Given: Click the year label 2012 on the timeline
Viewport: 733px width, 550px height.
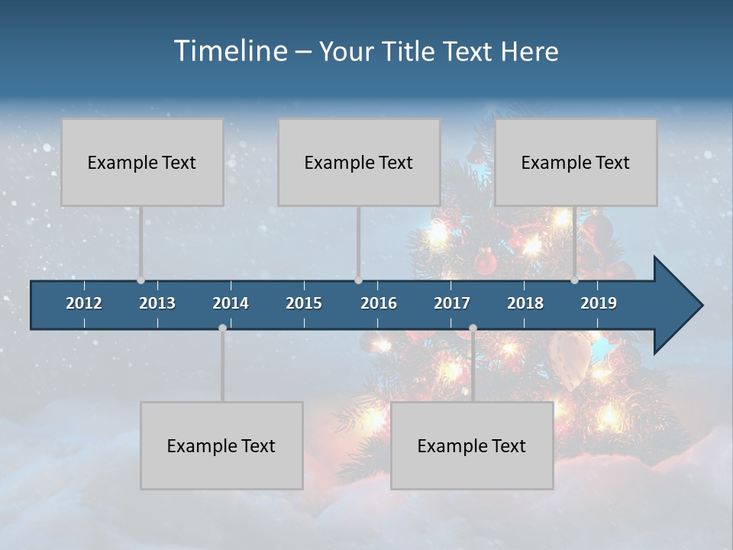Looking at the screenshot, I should point(84,303).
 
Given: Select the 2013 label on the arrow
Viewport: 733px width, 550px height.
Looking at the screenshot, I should point(157,303).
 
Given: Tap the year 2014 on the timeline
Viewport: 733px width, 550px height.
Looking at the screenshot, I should point(231,303).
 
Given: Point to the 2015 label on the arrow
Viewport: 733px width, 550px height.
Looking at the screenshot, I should point(304,303).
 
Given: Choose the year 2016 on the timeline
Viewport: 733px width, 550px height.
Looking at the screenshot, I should point(379,303).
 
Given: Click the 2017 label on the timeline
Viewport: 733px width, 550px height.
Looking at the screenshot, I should point(452,303).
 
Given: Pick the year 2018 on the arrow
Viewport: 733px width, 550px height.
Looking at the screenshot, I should point(525,303).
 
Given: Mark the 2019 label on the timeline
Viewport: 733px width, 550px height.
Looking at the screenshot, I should point(599,303).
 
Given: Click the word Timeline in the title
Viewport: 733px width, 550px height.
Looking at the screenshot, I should point(230,51).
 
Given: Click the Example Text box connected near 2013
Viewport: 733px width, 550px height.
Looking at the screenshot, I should point(142,162).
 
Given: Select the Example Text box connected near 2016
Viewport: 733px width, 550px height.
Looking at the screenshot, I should point(359,162).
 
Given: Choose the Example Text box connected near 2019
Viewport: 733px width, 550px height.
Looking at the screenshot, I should point(576,162).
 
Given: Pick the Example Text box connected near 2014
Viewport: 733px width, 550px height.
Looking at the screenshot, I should point(221,445).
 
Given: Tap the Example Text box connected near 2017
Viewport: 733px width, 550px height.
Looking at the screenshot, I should point(472,445).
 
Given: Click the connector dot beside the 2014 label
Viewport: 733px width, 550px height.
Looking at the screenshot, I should point(222,328).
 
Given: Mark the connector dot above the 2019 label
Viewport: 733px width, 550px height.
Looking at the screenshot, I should point(575,280).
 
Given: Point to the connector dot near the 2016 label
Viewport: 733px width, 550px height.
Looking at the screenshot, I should point(358,280).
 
